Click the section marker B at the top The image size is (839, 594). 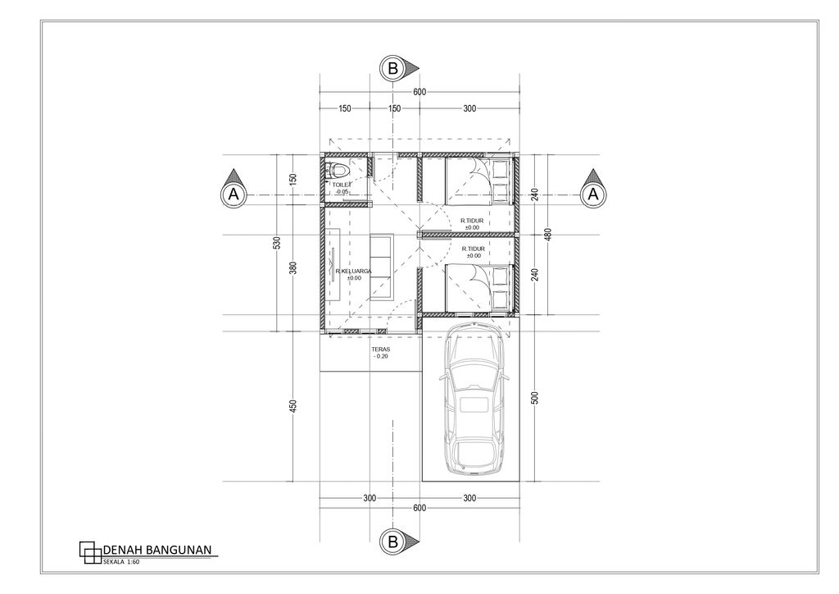pos(393,70)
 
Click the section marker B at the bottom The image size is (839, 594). pos(393,541)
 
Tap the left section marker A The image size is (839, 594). pos(234,194)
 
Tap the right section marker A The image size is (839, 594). pos(593,194)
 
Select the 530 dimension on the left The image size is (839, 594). pos(277,243)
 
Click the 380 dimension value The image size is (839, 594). pos(293,267)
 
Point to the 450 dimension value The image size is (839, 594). pos(293,405)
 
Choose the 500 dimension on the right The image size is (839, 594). pos(535,398)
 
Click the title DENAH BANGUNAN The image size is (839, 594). pos(158,549)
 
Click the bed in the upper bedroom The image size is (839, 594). pos(478,181)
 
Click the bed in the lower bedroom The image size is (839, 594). pos(478,288)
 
